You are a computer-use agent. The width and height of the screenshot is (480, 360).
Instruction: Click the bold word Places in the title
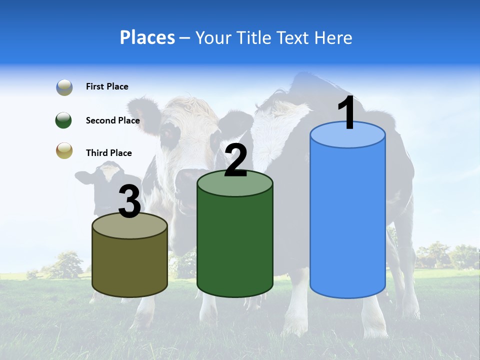147,37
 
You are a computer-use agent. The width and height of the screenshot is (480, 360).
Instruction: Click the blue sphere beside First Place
64,87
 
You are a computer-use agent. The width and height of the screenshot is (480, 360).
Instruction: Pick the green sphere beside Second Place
64,120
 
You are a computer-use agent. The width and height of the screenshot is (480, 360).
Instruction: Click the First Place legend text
107,86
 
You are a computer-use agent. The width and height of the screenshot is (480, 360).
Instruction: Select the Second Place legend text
112,120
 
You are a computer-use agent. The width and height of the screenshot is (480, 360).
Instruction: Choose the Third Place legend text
109,153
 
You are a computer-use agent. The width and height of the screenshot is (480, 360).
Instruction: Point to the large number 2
235,161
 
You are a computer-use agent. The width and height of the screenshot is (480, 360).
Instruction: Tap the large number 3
129,202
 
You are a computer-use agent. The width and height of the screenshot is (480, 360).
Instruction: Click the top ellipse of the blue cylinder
347,135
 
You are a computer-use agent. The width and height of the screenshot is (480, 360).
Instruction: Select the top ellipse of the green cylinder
235,183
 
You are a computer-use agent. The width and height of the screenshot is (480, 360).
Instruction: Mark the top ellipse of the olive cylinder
129,226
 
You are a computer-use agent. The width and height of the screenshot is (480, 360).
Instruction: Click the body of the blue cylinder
347,220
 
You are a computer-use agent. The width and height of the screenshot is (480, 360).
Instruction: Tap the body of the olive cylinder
129,265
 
